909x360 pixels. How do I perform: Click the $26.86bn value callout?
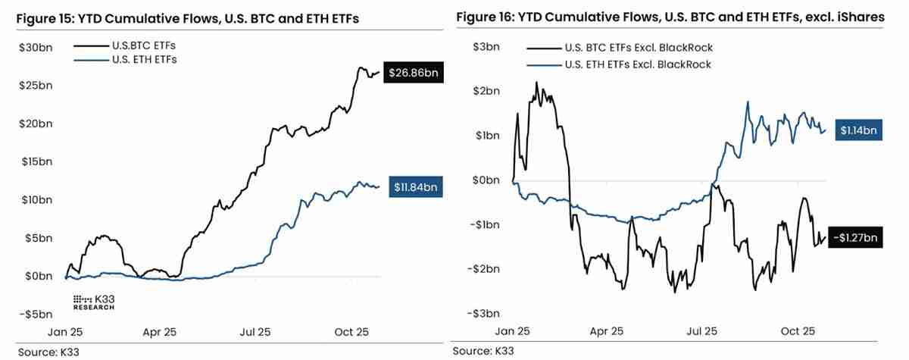414,74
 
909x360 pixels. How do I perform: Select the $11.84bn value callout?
416,186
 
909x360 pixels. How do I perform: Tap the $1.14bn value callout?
857,130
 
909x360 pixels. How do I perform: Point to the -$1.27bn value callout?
856,238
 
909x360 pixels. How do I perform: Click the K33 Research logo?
94,302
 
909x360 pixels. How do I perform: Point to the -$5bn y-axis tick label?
35,314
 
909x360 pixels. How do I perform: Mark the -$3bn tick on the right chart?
485,313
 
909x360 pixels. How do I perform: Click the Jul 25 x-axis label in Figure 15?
255,332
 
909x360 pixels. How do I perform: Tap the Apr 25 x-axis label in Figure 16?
607,331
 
